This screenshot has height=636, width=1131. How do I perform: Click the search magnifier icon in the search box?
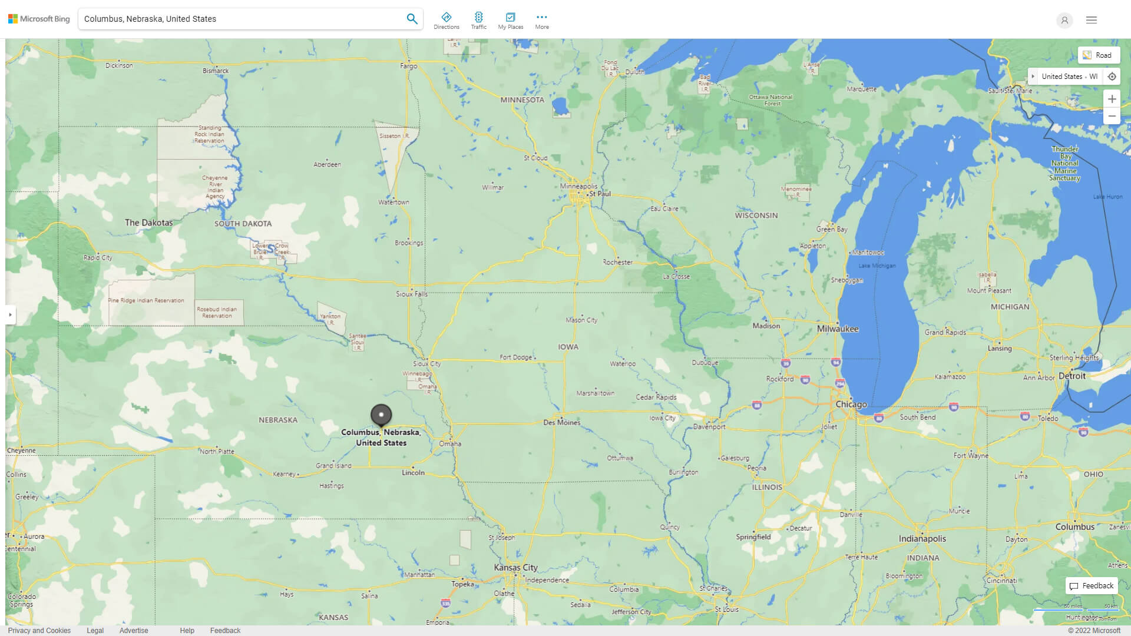(412, 19)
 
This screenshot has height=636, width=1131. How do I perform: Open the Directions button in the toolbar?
(447, 21)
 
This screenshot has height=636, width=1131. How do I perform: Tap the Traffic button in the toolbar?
(478, 21)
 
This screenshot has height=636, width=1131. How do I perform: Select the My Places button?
(510, 21)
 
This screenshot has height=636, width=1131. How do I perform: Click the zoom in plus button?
(1112, 99)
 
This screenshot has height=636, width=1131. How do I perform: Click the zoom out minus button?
(1112, 116)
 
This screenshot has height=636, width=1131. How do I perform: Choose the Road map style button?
(1099, 55)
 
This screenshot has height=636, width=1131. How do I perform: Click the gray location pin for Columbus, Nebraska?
(381, 415)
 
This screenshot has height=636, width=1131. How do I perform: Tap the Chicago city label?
(851, 405)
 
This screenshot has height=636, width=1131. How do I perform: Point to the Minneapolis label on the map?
(578, 186)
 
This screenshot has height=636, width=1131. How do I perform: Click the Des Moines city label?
(561, 422)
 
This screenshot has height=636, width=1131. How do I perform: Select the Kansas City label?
(515, 567)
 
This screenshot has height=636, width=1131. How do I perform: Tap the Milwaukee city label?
(838, 329)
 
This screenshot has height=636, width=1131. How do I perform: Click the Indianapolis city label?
(922, 538)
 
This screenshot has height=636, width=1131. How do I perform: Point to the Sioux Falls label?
(411, 294)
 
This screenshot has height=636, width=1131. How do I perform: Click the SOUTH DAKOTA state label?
(243, 224)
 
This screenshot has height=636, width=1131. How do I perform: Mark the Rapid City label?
(98, 257)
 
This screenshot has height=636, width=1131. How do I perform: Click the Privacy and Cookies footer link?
(39, 630)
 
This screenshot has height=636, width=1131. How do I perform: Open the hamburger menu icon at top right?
(1092, 20)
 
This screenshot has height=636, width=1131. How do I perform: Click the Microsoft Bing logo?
(39, 19)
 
